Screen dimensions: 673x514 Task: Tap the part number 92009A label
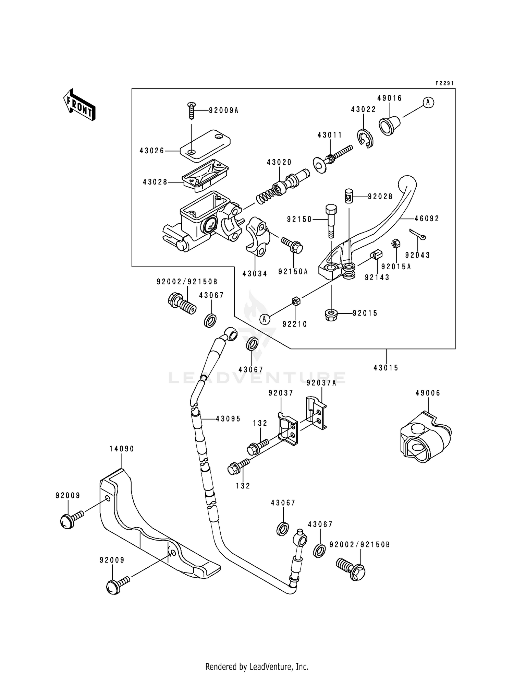pos(223,110)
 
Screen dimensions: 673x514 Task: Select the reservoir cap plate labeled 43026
pos(205,145)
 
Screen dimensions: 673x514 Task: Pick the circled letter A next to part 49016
pos(428,102)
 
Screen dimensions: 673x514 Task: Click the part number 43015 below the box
pos(386,368)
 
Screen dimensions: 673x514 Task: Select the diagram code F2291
pos(444,83)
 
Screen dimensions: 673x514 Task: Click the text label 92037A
pos(321,383)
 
